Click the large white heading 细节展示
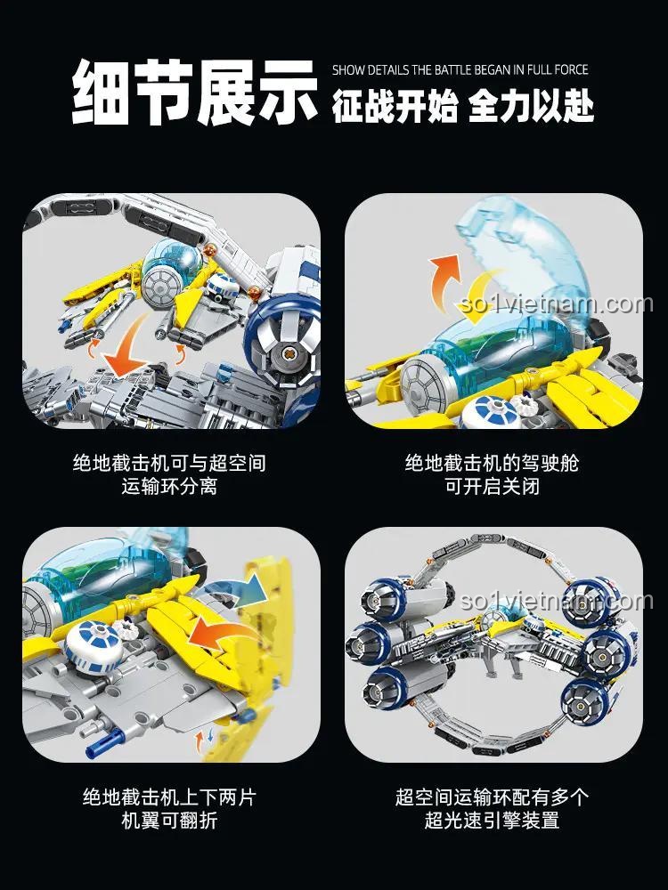pyautogui.click(x=194, y=92)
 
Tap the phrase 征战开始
pyautogui.click(x=395, y=106)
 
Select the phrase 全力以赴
pyautogui.click(x=531, y=106)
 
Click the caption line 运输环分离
pyautogui.click(x=169, y=487)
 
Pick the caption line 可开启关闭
pyautogui.click(x=492, y=487)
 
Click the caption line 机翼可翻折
pyautogui.click(x=169, y=821)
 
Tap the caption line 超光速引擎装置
pyautogui.click(x=492, y=821)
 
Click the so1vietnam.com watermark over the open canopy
pyautogui.click(x=557, y=303)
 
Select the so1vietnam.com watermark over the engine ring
pyautogui.click(x=557, y=601)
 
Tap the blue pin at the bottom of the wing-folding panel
pyautogui.click(x=105, y=744)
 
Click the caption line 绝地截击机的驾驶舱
pyautogui.click(x=492, y=463)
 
